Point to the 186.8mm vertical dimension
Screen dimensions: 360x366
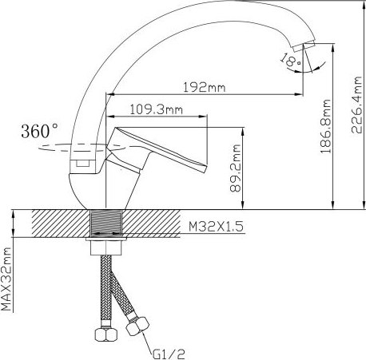[327, 129]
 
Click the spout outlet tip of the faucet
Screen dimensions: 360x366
[306, 45]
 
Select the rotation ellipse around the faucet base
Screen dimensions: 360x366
[56, 149]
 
